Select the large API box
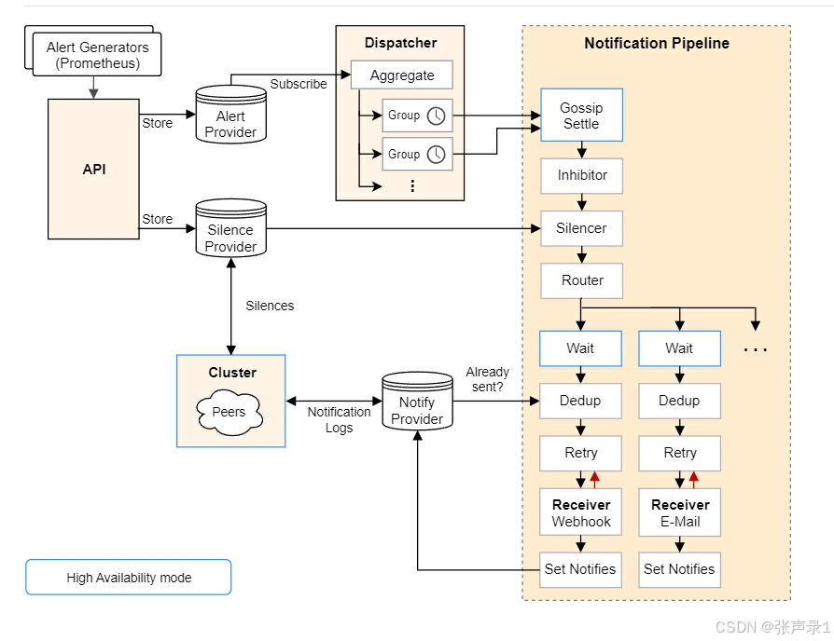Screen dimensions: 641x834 pos(92,170)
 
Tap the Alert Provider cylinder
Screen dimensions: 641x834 pos(230,117)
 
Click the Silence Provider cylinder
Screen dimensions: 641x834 pos(230,231)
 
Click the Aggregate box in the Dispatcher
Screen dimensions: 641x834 pos(401,75)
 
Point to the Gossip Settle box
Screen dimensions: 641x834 pos(581,116)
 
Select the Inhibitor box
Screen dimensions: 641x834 pos(582,175)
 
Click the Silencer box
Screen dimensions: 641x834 pos(581,228)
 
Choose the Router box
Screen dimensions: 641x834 pos(582,280)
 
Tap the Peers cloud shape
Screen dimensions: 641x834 pos(229,412)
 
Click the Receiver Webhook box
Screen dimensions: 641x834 pos(580,513)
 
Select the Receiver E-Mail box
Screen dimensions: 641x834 pos(680,513)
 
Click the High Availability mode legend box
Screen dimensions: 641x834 pos(129,578)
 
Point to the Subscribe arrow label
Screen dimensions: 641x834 pos(299,84)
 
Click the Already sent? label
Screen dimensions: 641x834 pos(487,379)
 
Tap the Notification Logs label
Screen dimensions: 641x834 pos(340,419)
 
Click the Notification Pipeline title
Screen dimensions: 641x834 pos(657,44)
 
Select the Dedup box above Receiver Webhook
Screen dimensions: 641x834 pos(580,401)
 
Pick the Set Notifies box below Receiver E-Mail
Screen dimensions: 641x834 pos(679,569)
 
